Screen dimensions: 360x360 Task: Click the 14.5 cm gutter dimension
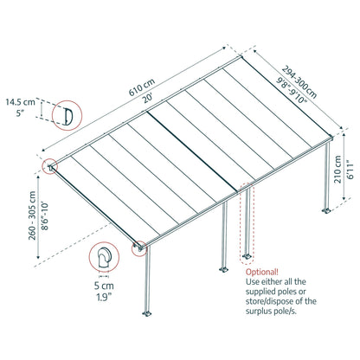[x=25, y=103]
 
